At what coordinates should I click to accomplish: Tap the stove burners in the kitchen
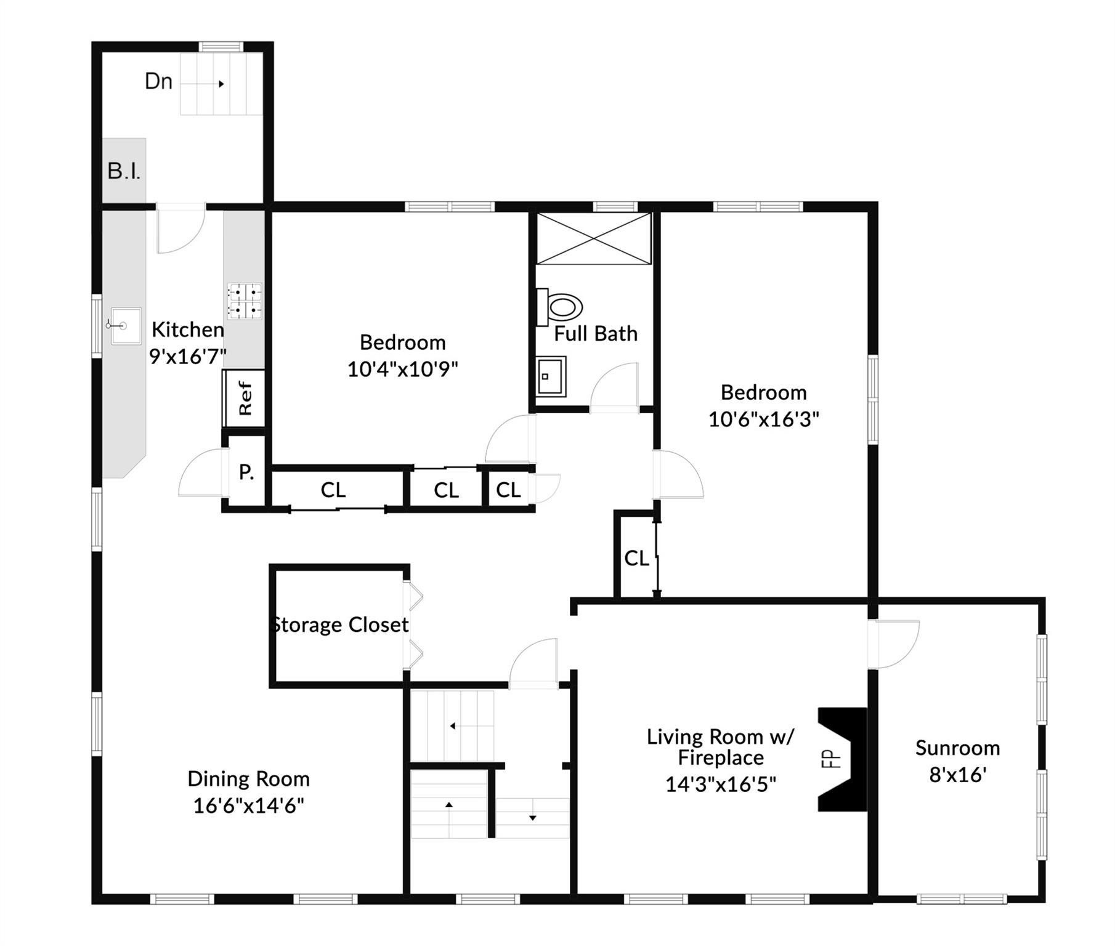click(x=245, y=301)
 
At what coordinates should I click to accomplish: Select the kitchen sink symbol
click(x=125, y=325)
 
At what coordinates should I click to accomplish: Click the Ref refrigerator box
click(x=245, y=398)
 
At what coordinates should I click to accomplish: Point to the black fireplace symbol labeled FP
click(x=842, y=759)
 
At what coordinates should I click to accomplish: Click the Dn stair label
click(x=158, y=81)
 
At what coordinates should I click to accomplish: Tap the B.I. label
click(x=124, y=171)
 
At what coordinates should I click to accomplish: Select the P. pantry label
click(x=246, y=472)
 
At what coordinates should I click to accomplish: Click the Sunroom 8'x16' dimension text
click(x=958, y=774)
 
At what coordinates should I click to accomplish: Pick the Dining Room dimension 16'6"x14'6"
click(x=248, y=806)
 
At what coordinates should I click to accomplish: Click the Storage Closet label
click(x=340, y=625)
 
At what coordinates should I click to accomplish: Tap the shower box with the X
click(x=593, y=239)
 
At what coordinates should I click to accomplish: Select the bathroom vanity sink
click(x=550, y=376)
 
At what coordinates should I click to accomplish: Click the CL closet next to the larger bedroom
click(x=636, y=558)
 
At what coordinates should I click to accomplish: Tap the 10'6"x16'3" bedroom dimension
click(x=763, y=419)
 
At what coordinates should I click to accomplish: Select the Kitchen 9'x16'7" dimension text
click(x=188, y=356)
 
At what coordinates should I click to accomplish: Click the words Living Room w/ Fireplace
click(x=720, y=746)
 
